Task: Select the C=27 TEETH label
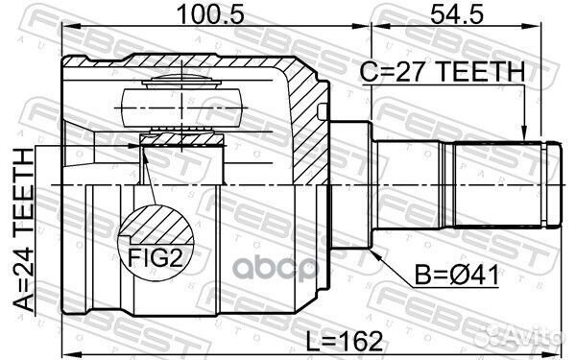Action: tap(443, 71)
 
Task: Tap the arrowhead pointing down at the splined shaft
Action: tap(523, 134)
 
